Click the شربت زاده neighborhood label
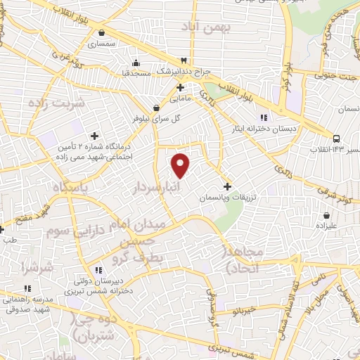click(56, 103)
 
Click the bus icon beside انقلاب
click(337, 138)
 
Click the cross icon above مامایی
click(181, 88)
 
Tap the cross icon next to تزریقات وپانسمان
click(227, 186)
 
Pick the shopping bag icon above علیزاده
click(327, 215)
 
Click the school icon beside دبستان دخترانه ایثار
click(264, 117)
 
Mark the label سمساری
click(102, 42)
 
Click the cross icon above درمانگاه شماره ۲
click(94, 136)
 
